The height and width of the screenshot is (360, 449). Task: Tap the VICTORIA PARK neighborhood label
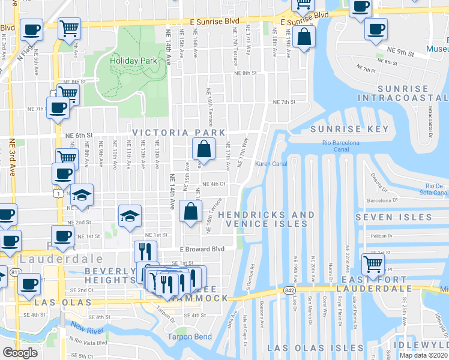[179, 133]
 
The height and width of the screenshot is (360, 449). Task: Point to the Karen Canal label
[271, 164]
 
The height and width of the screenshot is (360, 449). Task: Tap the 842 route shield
[289, 290]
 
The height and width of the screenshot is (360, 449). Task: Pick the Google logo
[20, 353]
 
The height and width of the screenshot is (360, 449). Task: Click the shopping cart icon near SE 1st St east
[373, 262]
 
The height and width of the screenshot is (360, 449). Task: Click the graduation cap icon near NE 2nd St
[129, 215]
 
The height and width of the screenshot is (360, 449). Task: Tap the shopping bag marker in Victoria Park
[203, 148]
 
